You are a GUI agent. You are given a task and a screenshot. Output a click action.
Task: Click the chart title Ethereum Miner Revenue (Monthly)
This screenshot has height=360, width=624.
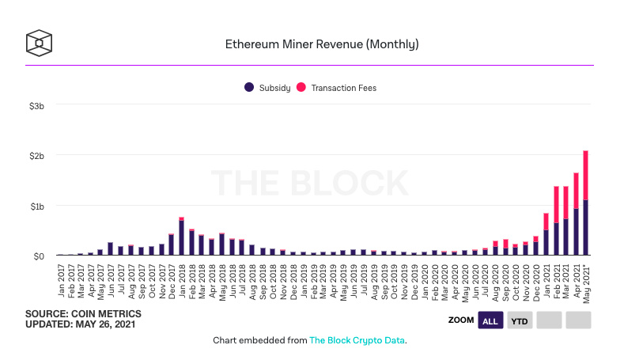click(x=322, y=44)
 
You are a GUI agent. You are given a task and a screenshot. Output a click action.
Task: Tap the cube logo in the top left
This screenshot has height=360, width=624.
click(x=39, y=43)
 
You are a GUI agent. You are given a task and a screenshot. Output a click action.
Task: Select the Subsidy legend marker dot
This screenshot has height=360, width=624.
click(x=249, y=87)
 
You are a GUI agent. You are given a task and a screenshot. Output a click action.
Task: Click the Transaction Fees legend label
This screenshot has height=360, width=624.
click(x=343, y=88)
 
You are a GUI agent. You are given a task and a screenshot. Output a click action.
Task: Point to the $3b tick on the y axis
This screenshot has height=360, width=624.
click(x=36, y=106)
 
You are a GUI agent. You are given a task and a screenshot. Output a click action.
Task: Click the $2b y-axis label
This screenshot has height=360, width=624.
click(x=36, y=156)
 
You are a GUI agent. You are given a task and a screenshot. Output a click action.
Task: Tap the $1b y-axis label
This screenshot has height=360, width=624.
click(x=37, y=207)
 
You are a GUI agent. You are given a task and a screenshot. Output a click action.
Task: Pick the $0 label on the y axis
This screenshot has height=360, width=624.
click(x=39, y=256)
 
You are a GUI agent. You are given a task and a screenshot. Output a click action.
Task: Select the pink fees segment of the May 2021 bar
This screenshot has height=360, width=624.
click(x=585, y=175)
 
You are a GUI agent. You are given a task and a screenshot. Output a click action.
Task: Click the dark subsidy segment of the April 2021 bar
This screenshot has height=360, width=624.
click(x=576, y=232)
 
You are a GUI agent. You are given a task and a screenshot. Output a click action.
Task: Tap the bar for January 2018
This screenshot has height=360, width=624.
click(x=181, y=236)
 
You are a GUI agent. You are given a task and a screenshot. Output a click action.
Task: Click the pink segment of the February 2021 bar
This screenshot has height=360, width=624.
click(x=556, y=204)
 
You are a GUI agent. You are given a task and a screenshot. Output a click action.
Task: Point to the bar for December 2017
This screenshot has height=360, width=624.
click(x=171, y=244)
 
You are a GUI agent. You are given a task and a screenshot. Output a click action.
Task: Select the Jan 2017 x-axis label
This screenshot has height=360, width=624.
click(x=61, y=280)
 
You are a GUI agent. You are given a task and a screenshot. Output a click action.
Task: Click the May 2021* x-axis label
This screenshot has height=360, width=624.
click(x=586, y=285)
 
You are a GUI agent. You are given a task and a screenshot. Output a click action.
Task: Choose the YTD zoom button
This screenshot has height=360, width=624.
click(x=520, y=320)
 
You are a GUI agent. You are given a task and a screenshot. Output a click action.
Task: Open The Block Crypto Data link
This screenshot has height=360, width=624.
click(x=357, y=340)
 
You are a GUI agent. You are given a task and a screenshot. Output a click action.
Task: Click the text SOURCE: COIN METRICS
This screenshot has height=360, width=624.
click(x=83, y=314)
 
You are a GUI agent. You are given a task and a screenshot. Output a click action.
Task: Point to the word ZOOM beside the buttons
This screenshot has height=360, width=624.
click(x=461, y=320)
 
